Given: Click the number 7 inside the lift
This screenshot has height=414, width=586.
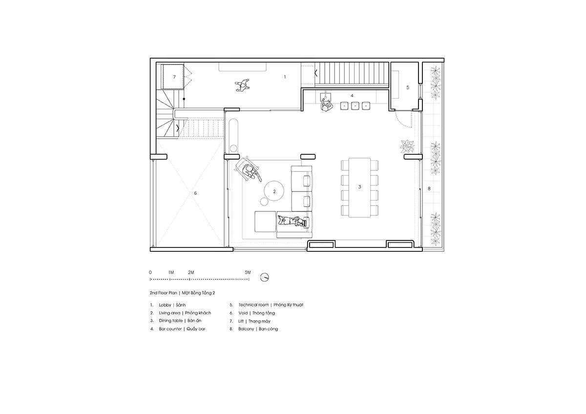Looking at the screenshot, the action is point(174,77).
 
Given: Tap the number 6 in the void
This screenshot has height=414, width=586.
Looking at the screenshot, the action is point(195,193).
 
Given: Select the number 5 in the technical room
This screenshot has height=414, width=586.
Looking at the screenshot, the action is point(408,87).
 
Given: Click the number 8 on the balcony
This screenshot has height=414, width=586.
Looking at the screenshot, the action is point(429,188).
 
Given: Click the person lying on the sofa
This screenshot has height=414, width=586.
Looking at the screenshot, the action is point(292,221).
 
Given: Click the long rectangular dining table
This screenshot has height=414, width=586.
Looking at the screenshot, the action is point(359,187).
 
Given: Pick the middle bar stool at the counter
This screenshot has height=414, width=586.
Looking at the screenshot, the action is point(355,105).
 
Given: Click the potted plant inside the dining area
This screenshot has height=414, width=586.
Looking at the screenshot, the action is point(407,146).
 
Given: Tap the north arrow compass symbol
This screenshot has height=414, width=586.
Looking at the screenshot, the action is point(265,277).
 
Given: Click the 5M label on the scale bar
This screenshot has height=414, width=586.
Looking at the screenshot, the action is point(248,272).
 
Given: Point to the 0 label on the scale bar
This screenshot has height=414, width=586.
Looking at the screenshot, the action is point(150,272).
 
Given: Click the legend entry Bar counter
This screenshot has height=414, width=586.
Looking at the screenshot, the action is point(170,329).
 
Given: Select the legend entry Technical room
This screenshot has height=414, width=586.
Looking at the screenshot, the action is point(253,305).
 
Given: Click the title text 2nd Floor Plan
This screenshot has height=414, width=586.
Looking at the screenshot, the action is point(163,293).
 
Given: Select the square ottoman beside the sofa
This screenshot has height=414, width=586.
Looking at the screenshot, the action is point(265,222).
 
